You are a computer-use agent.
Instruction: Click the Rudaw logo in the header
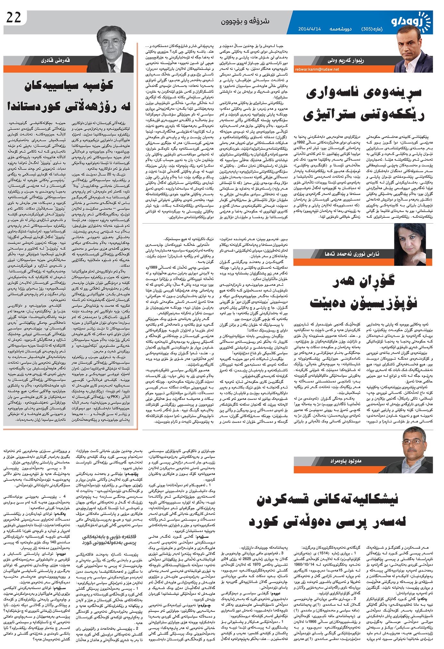(411, 22)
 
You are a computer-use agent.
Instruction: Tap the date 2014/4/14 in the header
(309, 29)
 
